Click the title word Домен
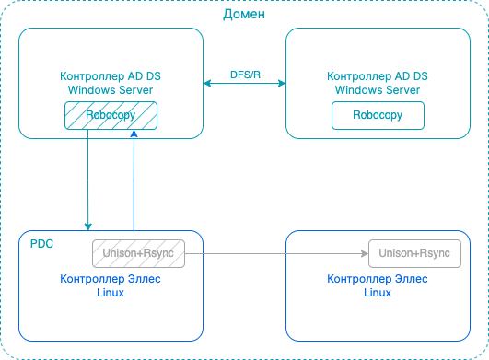(x=244, y=15)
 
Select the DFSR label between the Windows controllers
(x=244, y=73)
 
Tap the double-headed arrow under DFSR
(x=244, y=84)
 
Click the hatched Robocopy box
(x=111, y=116)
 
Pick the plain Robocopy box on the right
(x=378, y=116)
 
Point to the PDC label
(x=41, y=244)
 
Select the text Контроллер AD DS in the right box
(x=378, y=77)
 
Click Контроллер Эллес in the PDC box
(x=111, y=279)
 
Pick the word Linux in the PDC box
(x=111, y=292)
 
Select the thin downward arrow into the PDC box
(x=88, y=184)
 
